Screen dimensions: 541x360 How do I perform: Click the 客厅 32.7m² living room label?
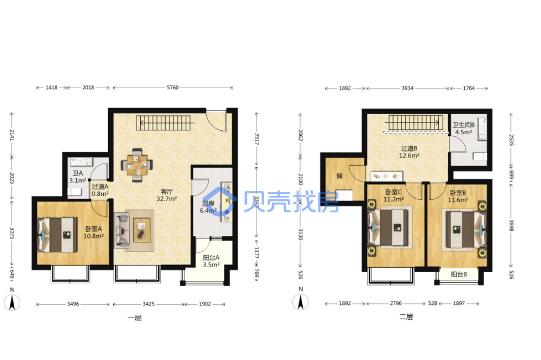(167, 195)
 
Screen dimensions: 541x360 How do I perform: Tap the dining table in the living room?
(137, 165)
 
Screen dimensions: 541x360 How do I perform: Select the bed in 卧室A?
(58, 235)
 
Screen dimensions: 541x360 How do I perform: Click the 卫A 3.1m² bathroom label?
(78, 177)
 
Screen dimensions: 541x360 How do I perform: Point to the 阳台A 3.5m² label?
(211, 261)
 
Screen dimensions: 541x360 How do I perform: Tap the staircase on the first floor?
(164, 123)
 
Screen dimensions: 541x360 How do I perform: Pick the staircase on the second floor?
(416, 122)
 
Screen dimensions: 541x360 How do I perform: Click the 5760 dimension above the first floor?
(173, 88)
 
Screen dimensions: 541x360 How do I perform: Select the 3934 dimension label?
(408, 89)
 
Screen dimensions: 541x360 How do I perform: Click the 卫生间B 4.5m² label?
(463, 128)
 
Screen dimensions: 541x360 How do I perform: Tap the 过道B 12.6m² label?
(409, 152)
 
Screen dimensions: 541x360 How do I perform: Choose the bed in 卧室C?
(389, 228)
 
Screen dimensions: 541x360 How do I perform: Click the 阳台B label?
(459, 274)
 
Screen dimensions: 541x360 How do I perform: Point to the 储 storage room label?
(339, 176)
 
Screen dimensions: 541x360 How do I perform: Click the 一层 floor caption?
(135, 318)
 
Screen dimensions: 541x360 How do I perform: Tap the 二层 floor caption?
(406, 317)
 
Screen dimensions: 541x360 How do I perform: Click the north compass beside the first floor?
(12, 300)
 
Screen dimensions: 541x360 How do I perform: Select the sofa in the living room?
(122, 231)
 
